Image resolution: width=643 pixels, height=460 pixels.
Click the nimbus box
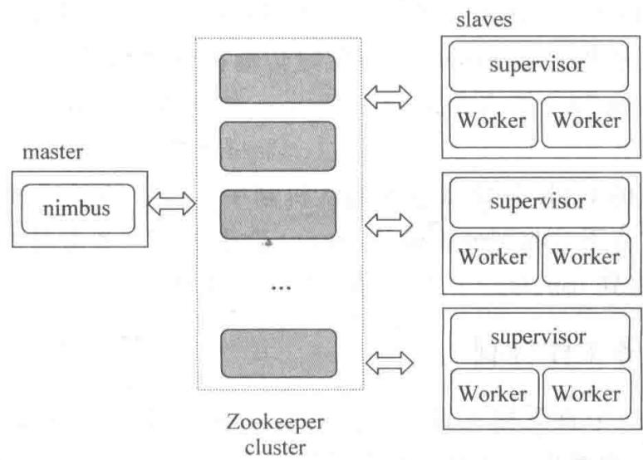(x=78, y=208)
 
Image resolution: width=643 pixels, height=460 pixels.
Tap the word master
(x=52, y=152)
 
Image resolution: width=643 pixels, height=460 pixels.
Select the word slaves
(x=483, y=20)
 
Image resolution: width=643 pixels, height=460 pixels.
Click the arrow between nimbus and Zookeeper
(x=171, y=203)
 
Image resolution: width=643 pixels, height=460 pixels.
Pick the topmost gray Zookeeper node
(x=277, y=78)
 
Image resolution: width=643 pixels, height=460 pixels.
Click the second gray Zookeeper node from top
(x=278, y=146)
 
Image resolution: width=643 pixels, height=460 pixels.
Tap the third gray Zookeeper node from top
(x=278, y=214)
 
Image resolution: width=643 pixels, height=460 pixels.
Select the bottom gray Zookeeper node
(x=279, y=353)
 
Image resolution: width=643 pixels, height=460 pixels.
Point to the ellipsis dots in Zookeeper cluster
(x=282, y=288)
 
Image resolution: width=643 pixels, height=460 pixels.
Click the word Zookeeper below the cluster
(x=275, y=423)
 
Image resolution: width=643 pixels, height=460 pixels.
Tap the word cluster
(x=275, y=447)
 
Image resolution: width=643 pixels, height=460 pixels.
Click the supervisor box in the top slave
(x=538, y=66)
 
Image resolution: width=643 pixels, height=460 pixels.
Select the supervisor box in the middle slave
(x=539, y=202)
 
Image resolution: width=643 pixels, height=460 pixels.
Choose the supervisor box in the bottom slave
(x=540, y=338)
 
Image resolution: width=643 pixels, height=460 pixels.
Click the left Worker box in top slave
(x=493, y=122)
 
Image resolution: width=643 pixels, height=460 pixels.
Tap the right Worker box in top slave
(x=586, y=122)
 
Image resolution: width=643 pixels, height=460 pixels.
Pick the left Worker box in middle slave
(x=493, y=258)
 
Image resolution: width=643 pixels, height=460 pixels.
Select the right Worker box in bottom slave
(x=587, y=394)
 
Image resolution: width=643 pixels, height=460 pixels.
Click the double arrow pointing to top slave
(x=388, y=97)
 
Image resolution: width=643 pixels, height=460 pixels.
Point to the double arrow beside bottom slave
(x=389, y=363)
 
